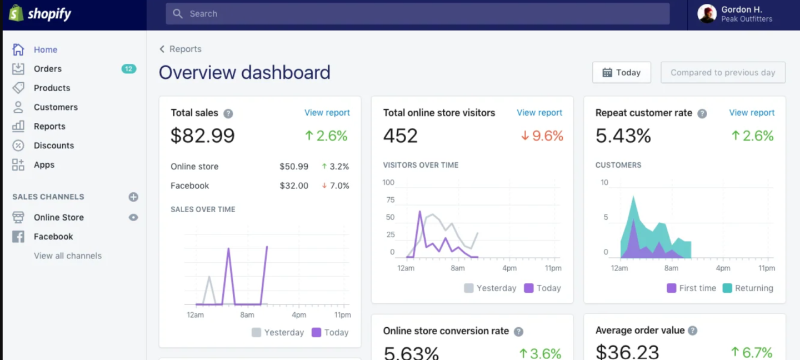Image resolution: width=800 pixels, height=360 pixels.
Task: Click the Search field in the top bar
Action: pos(417,14)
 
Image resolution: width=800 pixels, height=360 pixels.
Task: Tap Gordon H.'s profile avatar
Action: pos(707,14)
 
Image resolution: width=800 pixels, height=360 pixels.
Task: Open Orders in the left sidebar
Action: pos(47,69)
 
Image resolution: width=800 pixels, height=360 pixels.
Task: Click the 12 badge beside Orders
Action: pos(129,69)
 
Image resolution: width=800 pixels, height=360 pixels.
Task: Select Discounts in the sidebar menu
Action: pos(53,146)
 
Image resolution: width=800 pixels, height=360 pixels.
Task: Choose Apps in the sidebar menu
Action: pos(44,165)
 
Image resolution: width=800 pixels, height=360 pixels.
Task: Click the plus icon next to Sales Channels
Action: pos(133,197)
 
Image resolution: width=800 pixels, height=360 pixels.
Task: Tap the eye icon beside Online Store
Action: pos(133,218)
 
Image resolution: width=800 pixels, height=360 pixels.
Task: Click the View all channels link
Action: pos(68,256)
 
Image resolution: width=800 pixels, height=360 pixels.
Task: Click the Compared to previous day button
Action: pos(722,73)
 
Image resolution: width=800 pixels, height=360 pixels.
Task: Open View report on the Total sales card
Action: pos(327,113)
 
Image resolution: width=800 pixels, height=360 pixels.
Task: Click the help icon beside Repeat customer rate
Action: pos(702,113)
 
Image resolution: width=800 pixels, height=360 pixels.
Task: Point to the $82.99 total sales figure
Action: pos(203,136)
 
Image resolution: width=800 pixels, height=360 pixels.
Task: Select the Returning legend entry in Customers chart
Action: pos(748,288)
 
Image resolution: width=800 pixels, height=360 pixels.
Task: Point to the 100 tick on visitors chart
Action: pos(388,183)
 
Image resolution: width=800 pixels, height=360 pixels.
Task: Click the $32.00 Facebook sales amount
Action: pos(294,186)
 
